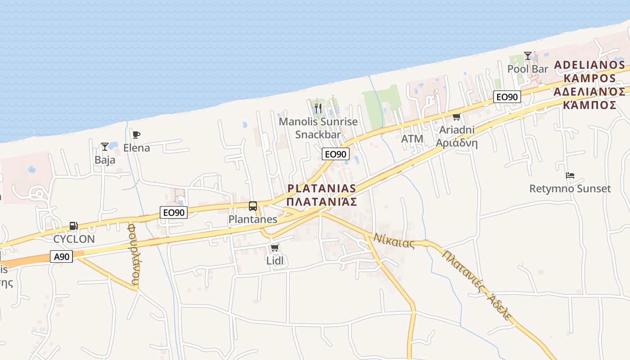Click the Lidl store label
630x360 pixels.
tap(276, 261)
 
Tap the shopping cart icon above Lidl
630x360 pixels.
tap(275, 248)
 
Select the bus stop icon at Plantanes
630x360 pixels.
tap(253, 206)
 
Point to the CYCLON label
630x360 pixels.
tap(74, 239)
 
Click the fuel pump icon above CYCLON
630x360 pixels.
tap(73, 226)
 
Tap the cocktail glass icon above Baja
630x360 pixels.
tap(105, 147)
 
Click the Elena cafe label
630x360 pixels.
tap(136, 148)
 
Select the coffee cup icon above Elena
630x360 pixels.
tap(136, 135)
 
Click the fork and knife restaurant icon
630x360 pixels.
tap(318, 108)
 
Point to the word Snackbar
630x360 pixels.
tap(318, 135)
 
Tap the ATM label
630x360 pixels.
tap(412, 139)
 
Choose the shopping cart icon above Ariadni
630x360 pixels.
tap(456, 117)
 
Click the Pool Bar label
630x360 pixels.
tap(528, 69)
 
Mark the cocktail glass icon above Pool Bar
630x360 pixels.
tap(528, 56)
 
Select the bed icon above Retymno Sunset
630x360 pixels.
tap(570, 175)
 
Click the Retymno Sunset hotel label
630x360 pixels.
tap(570, 189)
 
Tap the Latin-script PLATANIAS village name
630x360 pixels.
tap(321, 188)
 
